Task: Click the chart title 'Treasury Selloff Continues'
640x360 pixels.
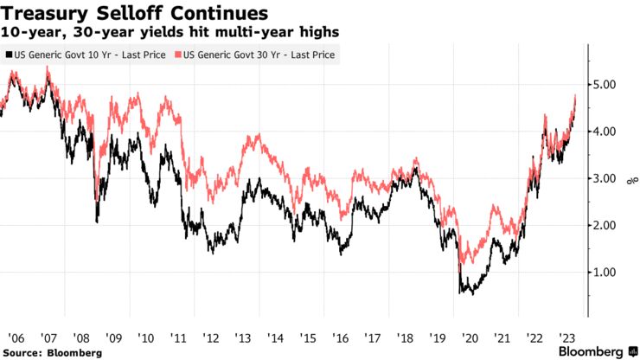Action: (134, 14)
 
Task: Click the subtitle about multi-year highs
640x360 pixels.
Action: (170, 32)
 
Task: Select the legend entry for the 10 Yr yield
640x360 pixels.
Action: (89, 55)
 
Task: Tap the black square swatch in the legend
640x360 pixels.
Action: (9, 55)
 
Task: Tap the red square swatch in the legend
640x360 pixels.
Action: (179, 55)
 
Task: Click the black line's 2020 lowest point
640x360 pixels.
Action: (472, 294)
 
